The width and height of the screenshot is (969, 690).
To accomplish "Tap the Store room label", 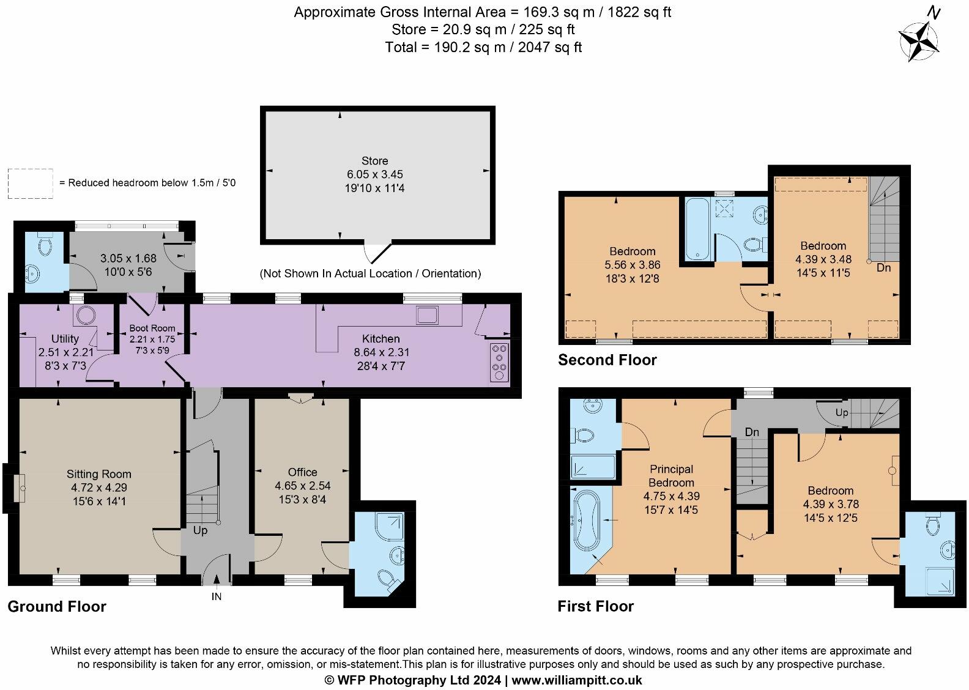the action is click(x=374, y=161).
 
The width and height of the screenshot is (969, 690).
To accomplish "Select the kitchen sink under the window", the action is click(x=427, y=315).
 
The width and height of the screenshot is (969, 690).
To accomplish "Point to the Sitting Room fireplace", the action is click(x=20, y=488).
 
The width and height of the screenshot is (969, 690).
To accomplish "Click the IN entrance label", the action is click(x=217, y=596).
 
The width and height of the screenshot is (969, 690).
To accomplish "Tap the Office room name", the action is click(x=302, y=472).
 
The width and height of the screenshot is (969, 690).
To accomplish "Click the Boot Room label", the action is click(x=152, y=328).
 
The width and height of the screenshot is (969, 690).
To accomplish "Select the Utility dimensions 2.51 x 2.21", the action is click(x=65, y=352).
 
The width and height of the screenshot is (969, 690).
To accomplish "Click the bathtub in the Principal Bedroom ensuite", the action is click(x=587, y=519).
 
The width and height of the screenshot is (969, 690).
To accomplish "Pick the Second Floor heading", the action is click(x=607, y=360).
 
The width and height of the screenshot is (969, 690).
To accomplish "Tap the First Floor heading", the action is click(x=596, y=607).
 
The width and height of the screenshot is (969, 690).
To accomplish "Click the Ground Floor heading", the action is click(x=57, y=607).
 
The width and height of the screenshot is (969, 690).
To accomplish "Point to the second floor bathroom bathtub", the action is click(x=697, y=228).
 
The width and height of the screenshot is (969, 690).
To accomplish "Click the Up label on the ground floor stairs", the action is click(x=200, y=530).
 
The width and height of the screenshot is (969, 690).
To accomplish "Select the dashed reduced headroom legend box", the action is click(x=31, y=184).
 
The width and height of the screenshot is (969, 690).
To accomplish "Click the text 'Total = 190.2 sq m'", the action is click(x=445, y=46).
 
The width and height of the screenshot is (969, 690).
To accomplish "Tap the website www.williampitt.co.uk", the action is click(x=577, y=680).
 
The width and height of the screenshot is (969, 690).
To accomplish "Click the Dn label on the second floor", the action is click(x=884, y=268).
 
